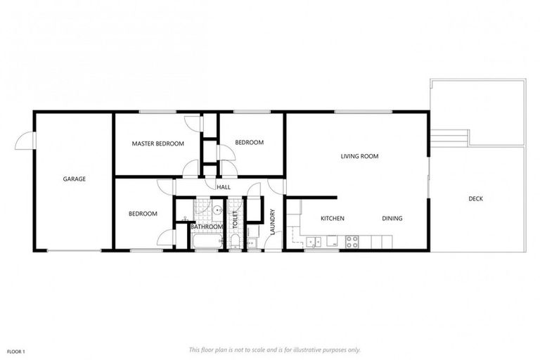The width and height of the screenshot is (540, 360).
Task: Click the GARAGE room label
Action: [75, 179]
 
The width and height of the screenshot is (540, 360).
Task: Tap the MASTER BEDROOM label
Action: [158, 143]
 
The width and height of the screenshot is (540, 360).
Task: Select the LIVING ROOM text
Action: [360, 156]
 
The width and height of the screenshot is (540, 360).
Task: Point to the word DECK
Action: [476, 199]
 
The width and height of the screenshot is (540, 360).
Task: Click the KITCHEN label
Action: [333, 219]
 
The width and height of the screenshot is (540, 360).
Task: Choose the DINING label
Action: [392, 219]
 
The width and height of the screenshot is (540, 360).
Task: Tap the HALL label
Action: [224, 187]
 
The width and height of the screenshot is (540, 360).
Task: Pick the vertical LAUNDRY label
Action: [273, 221]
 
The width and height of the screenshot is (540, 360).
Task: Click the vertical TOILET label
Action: [236, 221]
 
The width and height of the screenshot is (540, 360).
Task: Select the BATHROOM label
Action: [207, 226]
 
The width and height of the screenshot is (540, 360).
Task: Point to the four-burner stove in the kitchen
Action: [352, 241]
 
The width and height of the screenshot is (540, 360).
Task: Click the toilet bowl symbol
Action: [235, 242]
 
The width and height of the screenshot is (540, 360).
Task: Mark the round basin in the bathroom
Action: [218, 210]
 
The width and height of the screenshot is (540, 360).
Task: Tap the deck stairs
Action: [449, 136]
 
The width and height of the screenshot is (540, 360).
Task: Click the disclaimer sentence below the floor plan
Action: [275, 349]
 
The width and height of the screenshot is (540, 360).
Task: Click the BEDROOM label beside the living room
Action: [249, 143]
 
